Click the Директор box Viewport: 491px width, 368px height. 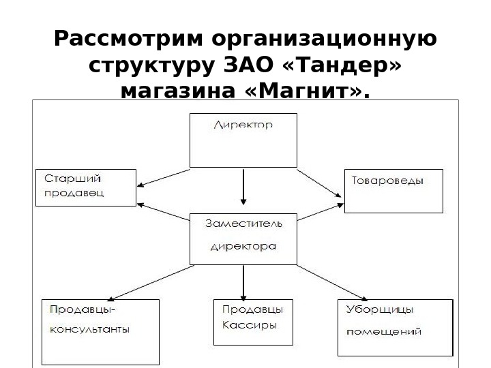click(x=243, y=140)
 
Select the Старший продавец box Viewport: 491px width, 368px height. click(x=85, y=187)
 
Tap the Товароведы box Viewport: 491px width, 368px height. click(x=393, y=191)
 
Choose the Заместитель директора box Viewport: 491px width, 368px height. click(x=242, y=238)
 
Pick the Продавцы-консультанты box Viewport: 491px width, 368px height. click(x=100, y=332)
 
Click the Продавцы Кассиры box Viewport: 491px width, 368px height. click(x=253, y=322)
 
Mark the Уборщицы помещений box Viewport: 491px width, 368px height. click(x=394, y=327)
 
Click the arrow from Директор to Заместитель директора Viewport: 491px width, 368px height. click(x=243, y=187)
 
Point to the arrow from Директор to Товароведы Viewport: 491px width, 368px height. click(x=321, y=182)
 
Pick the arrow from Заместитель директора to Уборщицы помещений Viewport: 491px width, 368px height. click(x=331, y=281)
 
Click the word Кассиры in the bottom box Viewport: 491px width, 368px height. click(x=250, y=325)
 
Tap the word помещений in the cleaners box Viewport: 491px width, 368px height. click(x=384, y=332)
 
